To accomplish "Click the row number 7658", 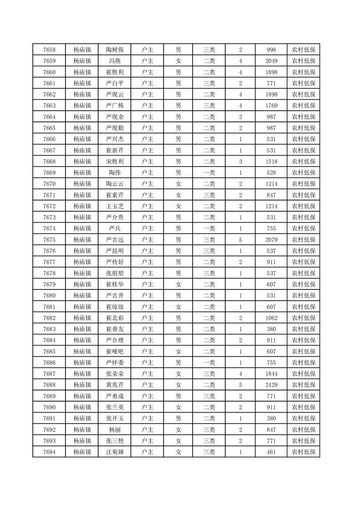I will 49,50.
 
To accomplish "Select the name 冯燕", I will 114,61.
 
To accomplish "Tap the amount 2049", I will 271,61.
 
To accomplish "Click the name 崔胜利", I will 114,72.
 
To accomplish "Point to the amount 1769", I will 271,106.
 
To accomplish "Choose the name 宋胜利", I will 114,162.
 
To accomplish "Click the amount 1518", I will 271,162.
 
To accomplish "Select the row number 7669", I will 49,173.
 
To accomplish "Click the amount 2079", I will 271,240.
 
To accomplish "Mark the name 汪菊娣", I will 114,451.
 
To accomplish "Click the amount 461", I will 271,451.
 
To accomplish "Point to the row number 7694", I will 49,451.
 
